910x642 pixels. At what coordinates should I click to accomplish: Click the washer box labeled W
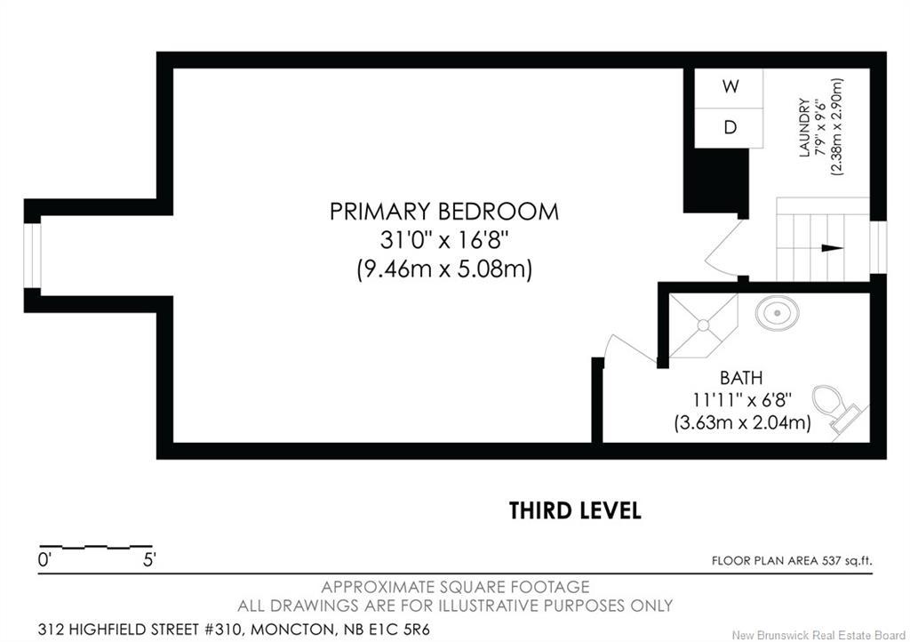pyautogui.click(x=730, y=87)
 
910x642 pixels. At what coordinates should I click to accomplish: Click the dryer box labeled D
pyautogui.click(x=730, y=127)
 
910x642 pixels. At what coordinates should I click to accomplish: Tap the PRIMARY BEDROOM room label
pyautogui.click(x=443, y=212)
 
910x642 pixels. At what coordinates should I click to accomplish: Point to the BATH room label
pyautogui.click(x=741, y=378)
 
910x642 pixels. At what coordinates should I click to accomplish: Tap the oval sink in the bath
pyautogui.click(x=777, y=313)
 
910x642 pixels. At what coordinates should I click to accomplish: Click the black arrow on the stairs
pyautogui.click(x=831, y=248)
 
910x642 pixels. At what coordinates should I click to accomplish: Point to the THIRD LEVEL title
pyautogui.click(x=574, y=510)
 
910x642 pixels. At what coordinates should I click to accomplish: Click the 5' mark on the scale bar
pyautogui.click(x=148, y=560)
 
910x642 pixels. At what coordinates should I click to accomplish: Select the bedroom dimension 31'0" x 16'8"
pyautogui.click(x=443, y=240)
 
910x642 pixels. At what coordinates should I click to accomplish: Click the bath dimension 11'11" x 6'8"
pyautogui.click(x=741, y=400)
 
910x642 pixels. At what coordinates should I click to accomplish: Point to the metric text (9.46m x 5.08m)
pyautogui.click(x=443, y=269)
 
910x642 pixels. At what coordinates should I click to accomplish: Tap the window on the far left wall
pyautogui.click(x=32, y=255)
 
